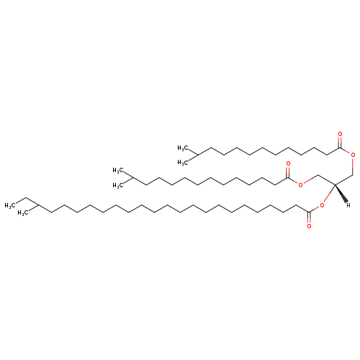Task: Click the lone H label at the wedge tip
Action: point(348,205)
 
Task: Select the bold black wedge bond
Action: point(341,193)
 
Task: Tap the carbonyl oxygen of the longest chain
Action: point(309,226)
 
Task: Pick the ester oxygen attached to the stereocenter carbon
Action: point(322,205)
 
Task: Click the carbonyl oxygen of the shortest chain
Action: point(340,134)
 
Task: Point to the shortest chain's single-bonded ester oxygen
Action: point(353,155)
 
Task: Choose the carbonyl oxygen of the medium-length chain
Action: point(288,163)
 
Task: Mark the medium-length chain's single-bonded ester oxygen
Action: point(300,185)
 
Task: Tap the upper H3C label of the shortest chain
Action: point(182,148)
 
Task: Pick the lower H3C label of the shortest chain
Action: point(182,163)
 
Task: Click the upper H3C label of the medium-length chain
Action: point(117,171)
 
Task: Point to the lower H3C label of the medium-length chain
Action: point(117,185)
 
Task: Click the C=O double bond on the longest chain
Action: point(309,218)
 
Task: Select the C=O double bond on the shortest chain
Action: point(340,142)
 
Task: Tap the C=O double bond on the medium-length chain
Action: point(288,172)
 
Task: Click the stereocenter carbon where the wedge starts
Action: point(335,184)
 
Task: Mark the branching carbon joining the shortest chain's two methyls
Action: point(197,155)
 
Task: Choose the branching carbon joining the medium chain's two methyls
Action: point(132,178)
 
